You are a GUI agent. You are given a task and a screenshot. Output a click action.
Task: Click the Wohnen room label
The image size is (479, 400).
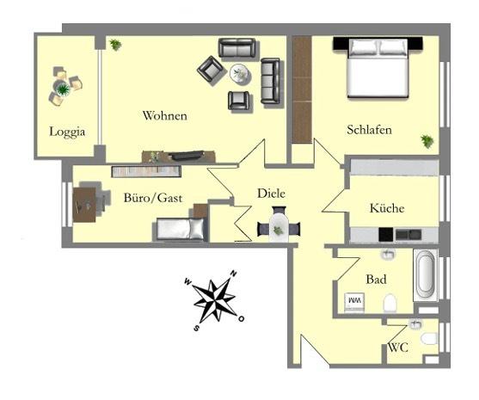pyautogui.click(x=165, y=116)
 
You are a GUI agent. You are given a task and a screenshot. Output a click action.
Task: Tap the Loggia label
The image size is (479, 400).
pyautogui.click(x=66, y=132)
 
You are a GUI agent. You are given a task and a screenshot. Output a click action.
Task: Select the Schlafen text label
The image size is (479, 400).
pyautogui.click(x=370, y=130)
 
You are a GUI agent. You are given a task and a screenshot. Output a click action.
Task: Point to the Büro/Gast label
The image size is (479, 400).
pyautogui.click(x=152, y=198)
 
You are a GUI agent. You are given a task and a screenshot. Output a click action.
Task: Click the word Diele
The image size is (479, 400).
pyautogui.click(x=271, y=194)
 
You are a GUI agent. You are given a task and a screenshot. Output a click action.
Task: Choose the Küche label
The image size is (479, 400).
pyautogui.click(x=386, y=208)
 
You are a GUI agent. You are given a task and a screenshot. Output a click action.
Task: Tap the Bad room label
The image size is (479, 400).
pyautogui.click(x=376, y=280)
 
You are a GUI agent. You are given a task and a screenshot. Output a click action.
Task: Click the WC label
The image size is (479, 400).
pyautogui.click(x=397, y=348)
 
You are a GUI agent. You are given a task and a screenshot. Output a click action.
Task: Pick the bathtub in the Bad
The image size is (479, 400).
pyautogui.click(x=426, y=275)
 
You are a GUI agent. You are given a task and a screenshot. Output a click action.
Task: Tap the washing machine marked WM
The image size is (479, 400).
pyautogui.click(x=354, y=300)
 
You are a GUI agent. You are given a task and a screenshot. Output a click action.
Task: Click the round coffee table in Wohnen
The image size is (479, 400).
pyautogui.click(x=241, y=75)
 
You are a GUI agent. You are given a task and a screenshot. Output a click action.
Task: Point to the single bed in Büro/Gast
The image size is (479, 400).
pyautogui.click(x=180, y=229)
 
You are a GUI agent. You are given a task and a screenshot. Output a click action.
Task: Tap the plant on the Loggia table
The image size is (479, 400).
pyautogui.click(x=63, y=88)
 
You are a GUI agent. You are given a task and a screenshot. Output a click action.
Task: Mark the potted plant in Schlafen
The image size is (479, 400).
pyautogui.click(x=427, y=141)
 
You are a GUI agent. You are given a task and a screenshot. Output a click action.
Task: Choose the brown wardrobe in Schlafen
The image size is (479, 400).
pyautogui.click(x=301, y=89)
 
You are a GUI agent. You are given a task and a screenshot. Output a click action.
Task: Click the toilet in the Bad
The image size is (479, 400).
pyautogui.click(x=390, y=303)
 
